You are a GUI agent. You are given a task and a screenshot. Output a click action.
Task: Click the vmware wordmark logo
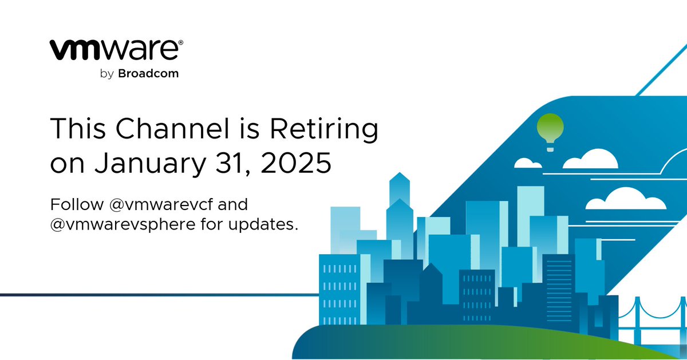(114, 50)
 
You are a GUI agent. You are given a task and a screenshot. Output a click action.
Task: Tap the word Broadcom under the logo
(148, 74)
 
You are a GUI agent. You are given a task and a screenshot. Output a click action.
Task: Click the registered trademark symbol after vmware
(181, 42)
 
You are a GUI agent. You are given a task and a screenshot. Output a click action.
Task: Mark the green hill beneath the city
(458, 343)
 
